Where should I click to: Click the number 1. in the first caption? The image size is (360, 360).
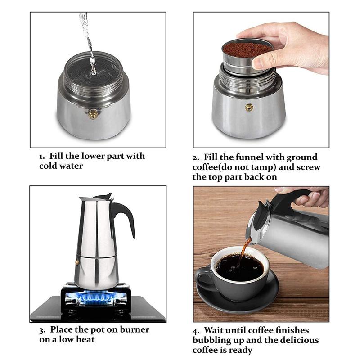pos(42,157)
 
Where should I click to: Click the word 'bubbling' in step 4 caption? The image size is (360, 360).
pos(213,340)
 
